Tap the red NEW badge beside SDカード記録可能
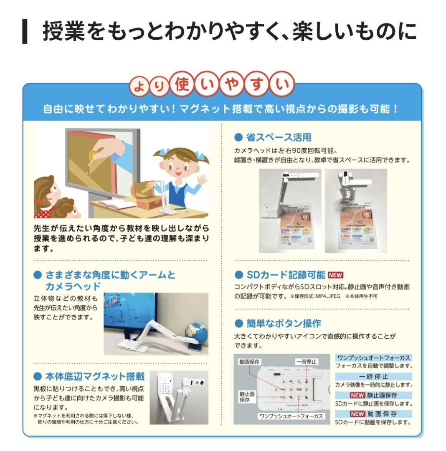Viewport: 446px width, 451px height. (x=335, y=275)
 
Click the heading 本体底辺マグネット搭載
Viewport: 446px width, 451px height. (x=94, y=377)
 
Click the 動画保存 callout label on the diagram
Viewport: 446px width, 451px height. (x=250, y=362)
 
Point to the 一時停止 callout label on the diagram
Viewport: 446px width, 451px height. (x=306, y=362)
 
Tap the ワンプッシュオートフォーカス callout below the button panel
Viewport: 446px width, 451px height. (x=291, y=416)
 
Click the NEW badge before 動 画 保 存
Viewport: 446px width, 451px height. (x=357, y=413)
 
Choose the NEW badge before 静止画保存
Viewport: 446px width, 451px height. (x=357, y=395)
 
